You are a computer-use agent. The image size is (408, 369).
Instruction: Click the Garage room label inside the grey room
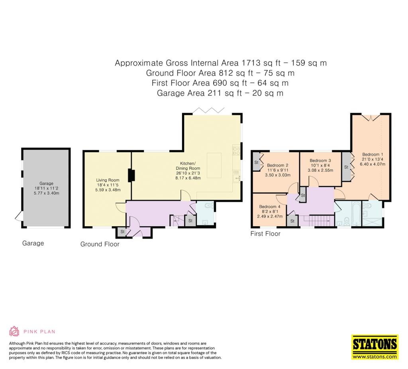click(x=46, y=183)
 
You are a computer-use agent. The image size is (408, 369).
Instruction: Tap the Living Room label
click(x=108, y=180)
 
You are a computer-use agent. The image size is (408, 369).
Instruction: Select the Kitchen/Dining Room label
click(x=188, y=166)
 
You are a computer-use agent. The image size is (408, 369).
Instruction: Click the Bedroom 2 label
click(x=278, y=165)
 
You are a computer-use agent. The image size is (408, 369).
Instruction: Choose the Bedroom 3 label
click(x=320, y=161)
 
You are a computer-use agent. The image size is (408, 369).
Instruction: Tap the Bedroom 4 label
click(x=270, y=207)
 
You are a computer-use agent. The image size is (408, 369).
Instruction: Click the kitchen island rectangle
click(x=214, y=165)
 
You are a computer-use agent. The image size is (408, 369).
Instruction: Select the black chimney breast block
click(x=131, y=175)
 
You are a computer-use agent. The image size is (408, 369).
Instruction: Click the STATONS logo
click(x=375, y=345)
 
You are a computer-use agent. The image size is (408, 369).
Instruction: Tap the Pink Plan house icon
click(x=14, y=331)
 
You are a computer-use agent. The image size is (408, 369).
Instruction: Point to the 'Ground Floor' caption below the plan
click(x=100, y=244)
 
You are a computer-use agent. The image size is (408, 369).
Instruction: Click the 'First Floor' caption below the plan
click(x=265, y=234)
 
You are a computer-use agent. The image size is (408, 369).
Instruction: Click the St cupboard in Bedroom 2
click(x=257, y=162)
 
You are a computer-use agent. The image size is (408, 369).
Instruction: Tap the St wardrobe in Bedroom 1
click(x=346, y=167)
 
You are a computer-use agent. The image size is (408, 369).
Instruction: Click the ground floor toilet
click(x=209, y=206)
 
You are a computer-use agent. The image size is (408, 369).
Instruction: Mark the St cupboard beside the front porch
click(x=122, y=232)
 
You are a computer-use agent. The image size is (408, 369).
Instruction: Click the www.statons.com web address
click(x=375, y=357)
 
